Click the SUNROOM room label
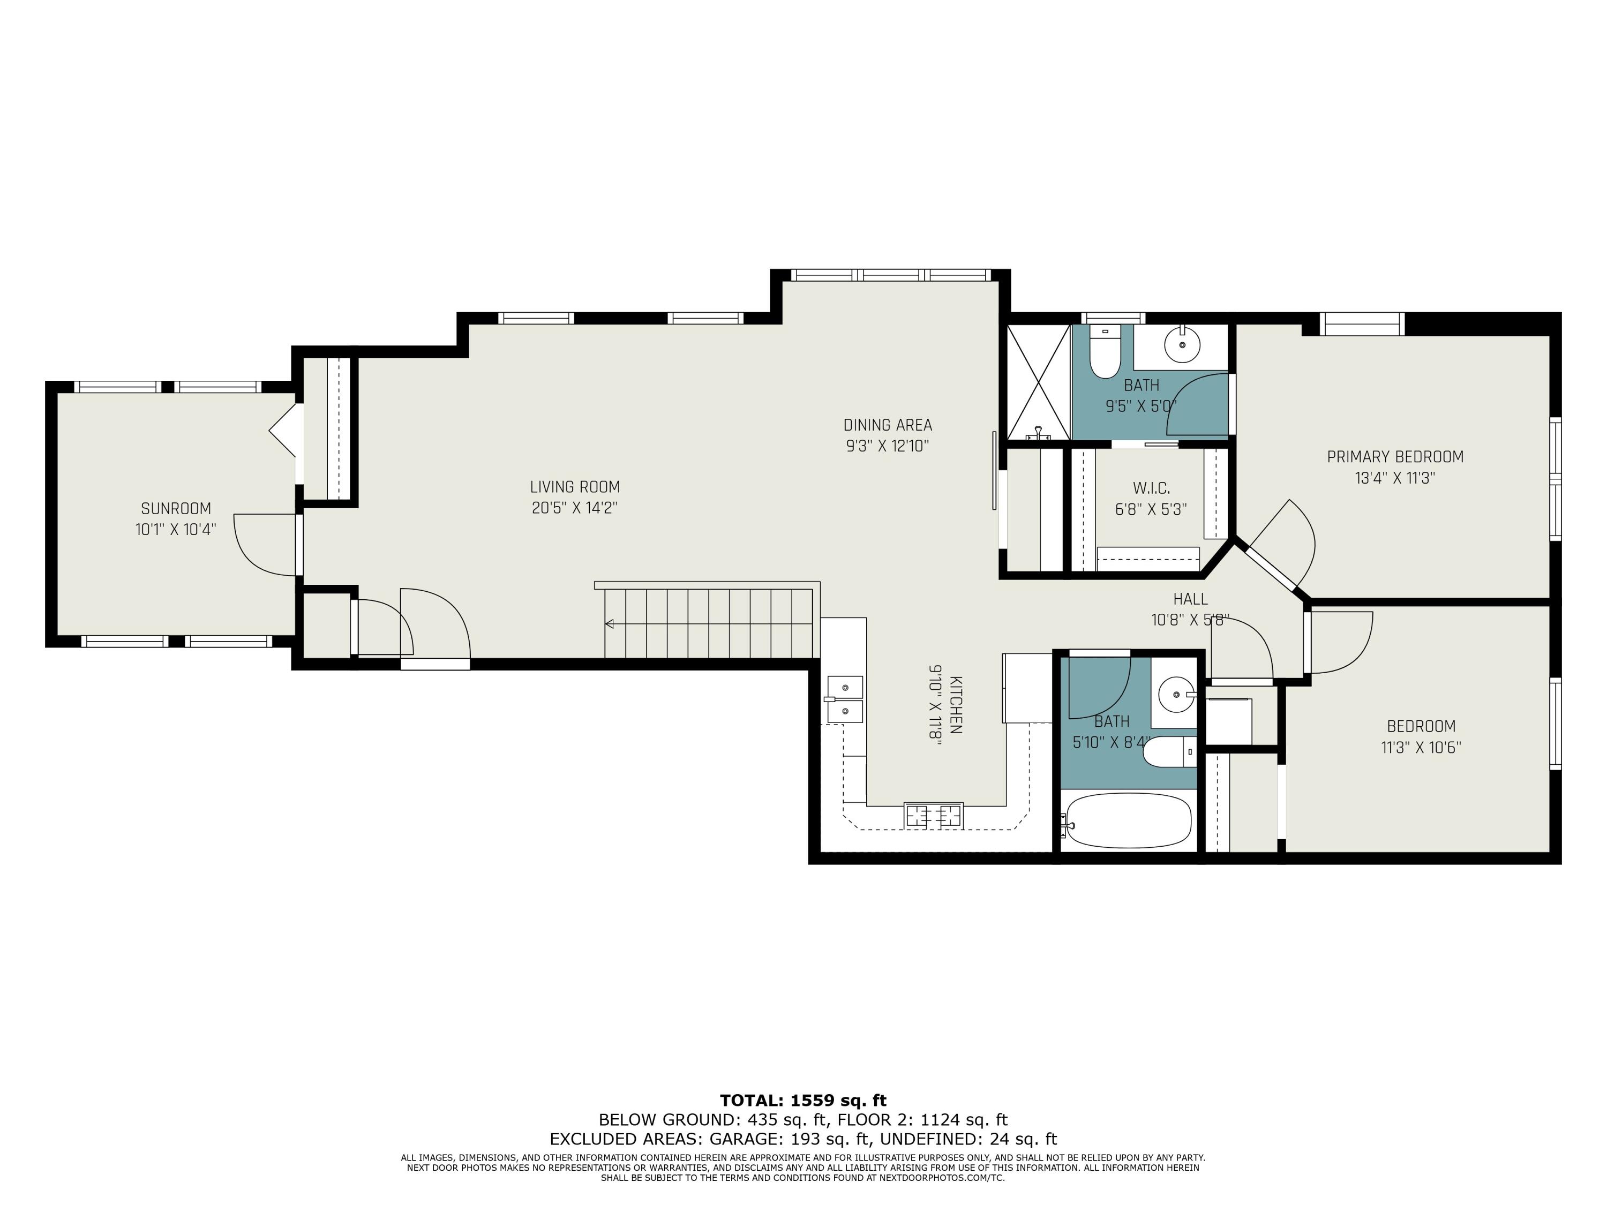(x=176, y=508)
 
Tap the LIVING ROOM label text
(x=575, y=487)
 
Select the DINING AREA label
(x=888, y=425)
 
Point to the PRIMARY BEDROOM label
(x=1395, y=457)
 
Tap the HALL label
(x=1191, y=599)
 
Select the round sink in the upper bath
(x=1183, y=344)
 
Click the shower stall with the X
(x=1039, y=382)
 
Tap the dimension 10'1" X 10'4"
(x=176, y=530)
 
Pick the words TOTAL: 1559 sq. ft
(x=803, y=1101)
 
